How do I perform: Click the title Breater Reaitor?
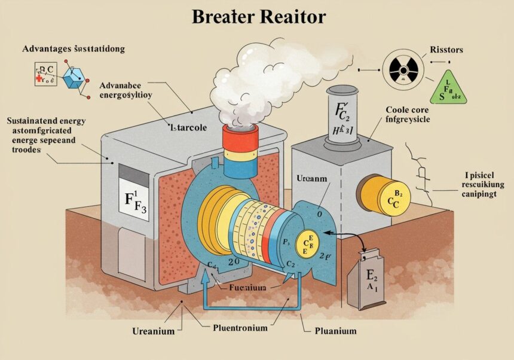coord(258,17)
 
